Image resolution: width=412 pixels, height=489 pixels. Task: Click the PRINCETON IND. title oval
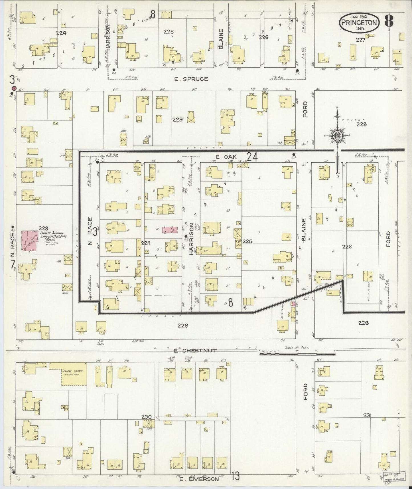[x=359, y=23]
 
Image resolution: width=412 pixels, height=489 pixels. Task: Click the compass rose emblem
[x=337, y=136]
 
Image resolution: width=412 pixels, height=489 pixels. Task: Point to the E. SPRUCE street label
[x=191, y=79]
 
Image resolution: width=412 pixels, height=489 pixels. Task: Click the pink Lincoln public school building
[x=29, y=241]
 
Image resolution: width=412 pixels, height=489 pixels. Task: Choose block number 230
[x=148, y=417]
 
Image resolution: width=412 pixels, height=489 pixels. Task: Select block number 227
[x=360, y=40]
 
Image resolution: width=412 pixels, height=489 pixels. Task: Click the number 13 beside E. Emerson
[x=236, y=476]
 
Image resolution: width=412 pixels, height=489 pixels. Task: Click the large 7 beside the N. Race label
[x=13, y=264]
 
